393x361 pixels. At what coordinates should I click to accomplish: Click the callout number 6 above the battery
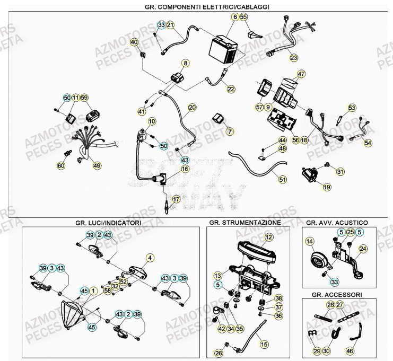point(234,17)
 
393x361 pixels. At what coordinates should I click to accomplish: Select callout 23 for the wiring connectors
point(293,58)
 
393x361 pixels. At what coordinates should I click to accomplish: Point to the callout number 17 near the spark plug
point(176,199)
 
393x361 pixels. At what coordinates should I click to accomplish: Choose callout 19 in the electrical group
point(326,187)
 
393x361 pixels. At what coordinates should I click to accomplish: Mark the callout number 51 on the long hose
point(283,180)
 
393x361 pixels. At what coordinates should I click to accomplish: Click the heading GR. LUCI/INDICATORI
point(108,223)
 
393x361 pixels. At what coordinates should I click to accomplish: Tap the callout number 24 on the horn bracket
point(363,248)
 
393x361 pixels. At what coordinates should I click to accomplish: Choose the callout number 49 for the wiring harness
point(97,166)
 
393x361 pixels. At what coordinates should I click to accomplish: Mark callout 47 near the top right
point(301,74)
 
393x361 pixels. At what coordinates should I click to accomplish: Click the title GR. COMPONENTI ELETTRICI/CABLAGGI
point(199,6)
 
